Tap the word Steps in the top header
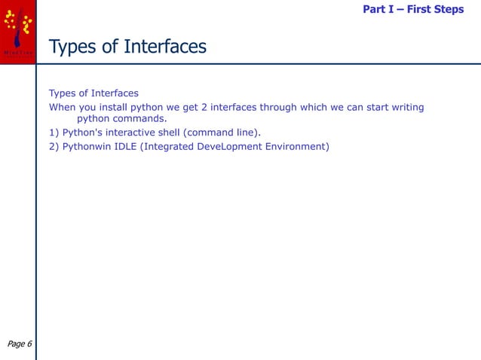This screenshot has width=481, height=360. (x=447, y=10)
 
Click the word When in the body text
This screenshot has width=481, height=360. (x=63, y=107)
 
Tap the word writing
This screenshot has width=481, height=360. (x=406, y=107)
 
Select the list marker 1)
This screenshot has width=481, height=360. (x=54, y=132)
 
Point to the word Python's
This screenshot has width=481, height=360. (x=85, y=132)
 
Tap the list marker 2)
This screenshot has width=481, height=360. (x=54, y=145)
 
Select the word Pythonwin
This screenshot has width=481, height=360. (x=89, y=145)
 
